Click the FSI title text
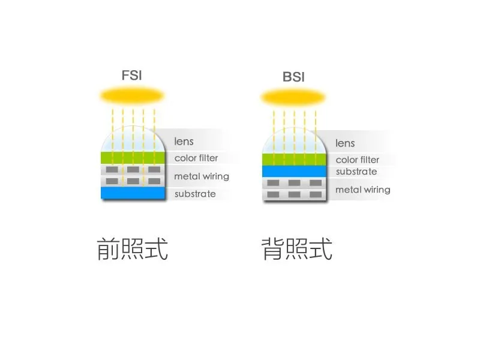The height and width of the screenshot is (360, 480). point(131,76)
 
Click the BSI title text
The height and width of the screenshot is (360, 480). point(293,77)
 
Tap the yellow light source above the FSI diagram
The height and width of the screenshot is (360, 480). point(132,96)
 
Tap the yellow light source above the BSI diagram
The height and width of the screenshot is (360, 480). point(293,98)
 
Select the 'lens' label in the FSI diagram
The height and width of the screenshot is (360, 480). point(184,142)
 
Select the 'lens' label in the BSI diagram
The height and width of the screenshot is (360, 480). point(345,143)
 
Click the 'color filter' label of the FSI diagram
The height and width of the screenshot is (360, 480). point(196,158)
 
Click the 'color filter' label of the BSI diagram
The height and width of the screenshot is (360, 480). point(357,160)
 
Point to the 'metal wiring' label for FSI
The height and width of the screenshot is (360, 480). point(202,176)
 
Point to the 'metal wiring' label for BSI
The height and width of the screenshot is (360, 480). point(363,190)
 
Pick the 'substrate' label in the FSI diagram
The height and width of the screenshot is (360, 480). point(195,194)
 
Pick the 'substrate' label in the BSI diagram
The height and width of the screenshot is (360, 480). point(356,172)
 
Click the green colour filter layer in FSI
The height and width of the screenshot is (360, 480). point(133,158)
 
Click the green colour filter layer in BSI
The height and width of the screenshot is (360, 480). point(294,160)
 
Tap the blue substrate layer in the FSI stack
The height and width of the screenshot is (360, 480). point(133,193)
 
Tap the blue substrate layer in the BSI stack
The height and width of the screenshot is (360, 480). point(294,172)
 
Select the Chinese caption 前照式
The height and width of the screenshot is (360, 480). point(132,249)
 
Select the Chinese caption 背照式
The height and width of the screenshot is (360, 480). point(297,249)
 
